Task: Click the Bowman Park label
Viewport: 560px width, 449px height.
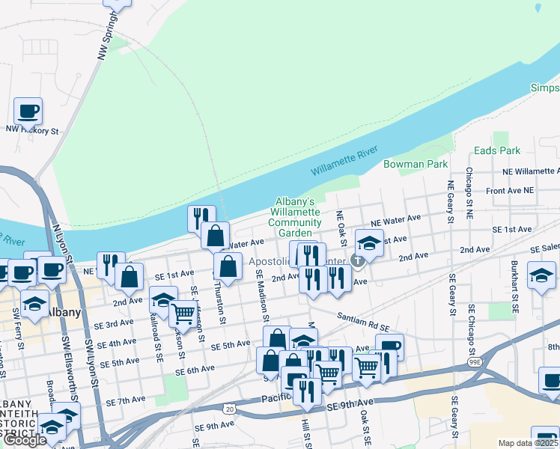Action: coord(416,164)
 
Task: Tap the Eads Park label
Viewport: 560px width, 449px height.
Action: coord(497,150)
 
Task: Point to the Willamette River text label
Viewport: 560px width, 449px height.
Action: coord(344,162)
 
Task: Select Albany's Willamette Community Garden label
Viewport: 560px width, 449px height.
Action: coord(294,217)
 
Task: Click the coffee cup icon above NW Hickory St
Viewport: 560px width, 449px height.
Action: coord(28,112)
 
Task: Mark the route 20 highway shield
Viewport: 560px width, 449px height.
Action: coord(228,408)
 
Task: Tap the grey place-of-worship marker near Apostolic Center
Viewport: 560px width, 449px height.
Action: coord(358,260)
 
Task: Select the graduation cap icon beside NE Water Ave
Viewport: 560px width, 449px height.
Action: coord(368,242)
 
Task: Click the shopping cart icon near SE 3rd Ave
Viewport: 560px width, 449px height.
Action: coord(182,314)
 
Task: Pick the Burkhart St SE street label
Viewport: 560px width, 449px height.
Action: coord(514,287)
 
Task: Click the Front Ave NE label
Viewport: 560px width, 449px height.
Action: coord(510,192)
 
